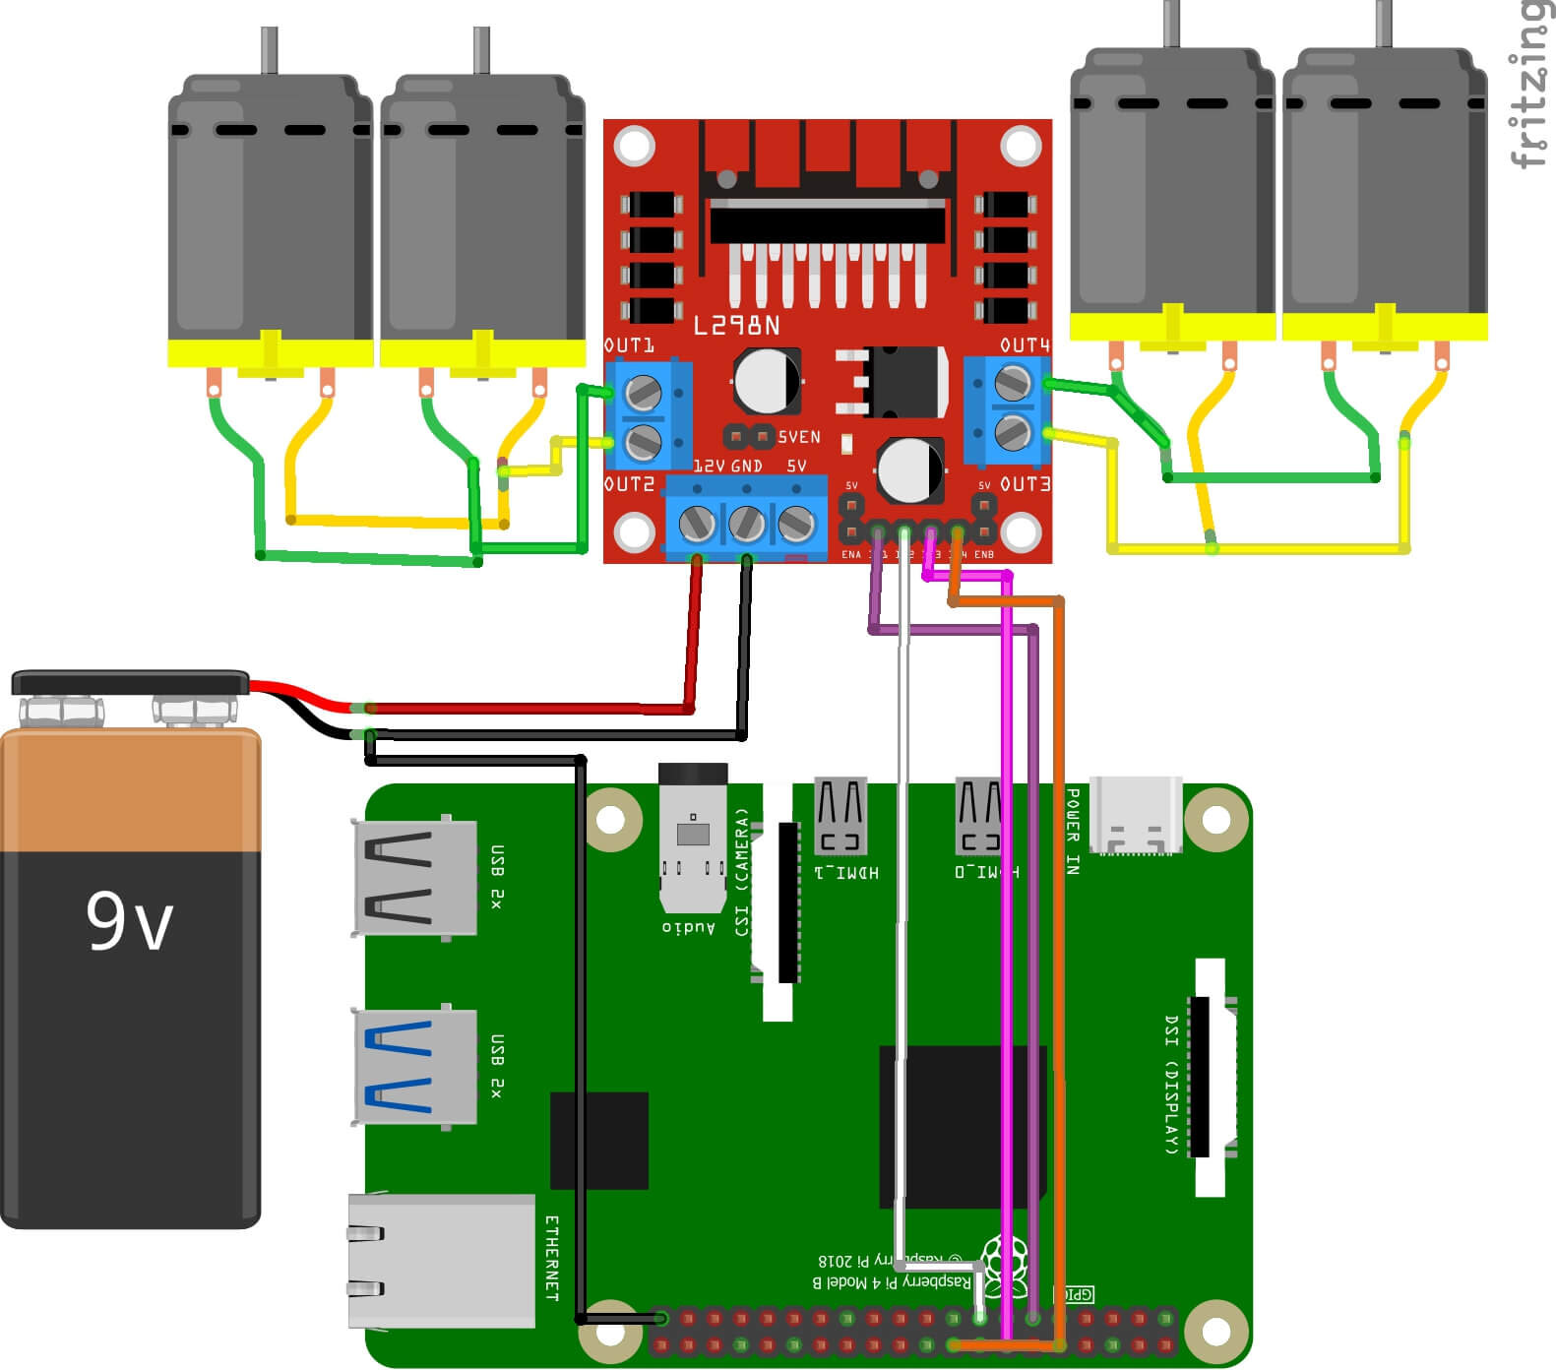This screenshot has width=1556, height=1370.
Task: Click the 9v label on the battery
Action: point(129,921)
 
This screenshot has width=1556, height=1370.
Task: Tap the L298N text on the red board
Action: point(736,326)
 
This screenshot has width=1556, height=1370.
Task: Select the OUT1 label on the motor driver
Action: point(629,345)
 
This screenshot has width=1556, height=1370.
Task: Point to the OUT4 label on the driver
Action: point(1025,345)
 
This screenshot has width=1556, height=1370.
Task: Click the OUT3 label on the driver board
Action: point(1025,484)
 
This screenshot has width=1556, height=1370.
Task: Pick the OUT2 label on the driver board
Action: point(629,484)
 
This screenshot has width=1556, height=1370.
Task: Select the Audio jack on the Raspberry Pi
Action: point(693,837)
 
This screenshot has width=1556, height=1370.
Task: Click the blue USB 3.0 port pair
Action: point(414,1067)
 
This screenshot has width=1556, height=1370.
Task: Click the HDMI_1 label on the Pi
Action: point(847,872)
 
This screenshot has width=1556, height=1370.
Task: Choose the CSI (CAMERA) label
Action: point(742,872)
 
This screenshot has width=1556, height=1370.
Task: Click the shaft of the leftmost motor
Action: point(269,49)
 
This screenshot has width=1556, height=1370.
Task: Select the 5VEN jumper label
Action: point(798,437)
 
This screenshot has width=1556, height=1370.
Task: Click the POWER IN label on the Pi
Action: point(1073,832)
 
